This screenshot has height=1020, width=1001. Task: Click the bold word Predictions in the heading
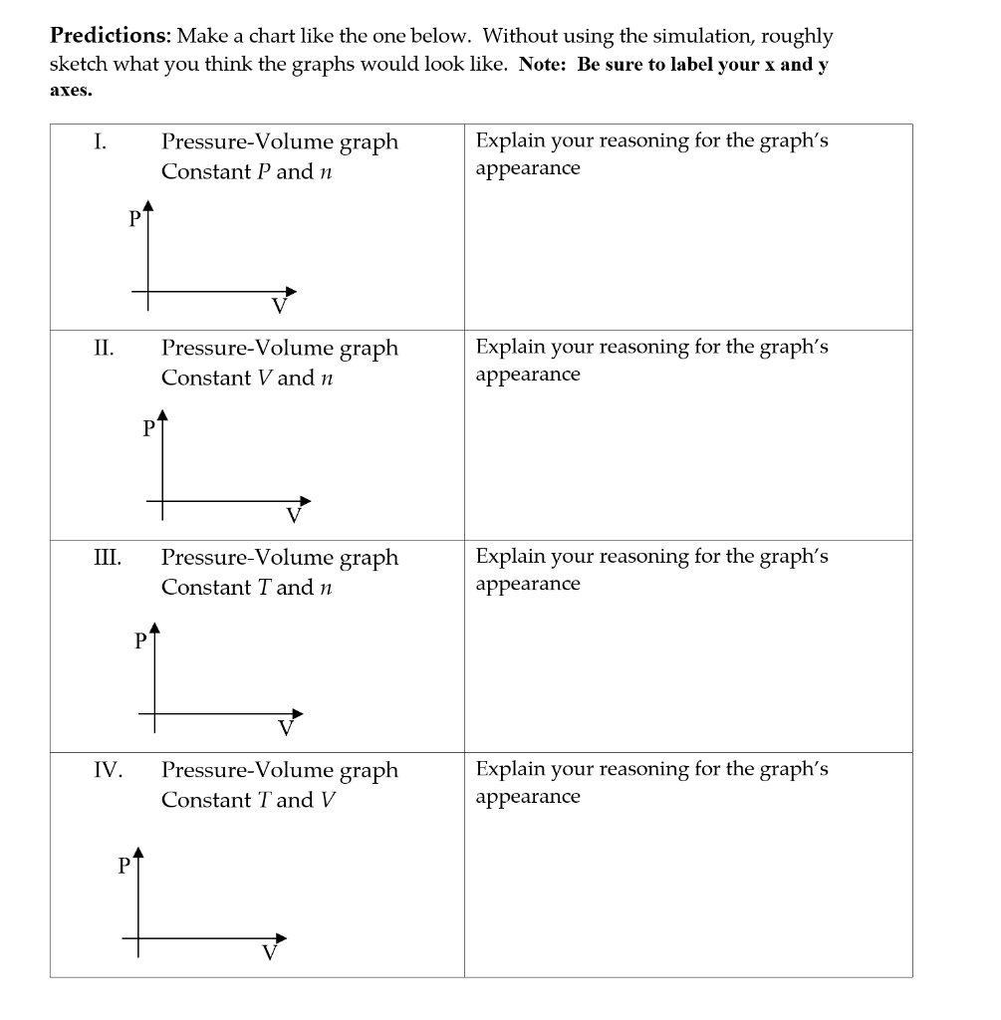coord(110,37)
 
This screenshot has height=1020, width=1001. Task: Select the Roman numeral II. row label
coord(104,348)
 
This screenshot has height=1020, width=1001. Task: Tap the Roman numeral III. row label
coord(107,557)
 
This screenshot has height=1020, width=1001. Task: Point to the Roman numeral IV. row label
coord(108,770)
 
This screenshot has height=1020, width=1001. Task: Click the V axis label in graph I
coord(280,306)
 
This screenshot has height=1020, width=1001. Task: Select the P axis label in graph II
coord(149,428)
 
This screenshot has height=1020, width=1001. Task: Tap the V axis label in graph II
coord(293,515)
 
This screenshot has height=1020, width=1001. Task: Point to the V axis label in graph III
coord(286,727)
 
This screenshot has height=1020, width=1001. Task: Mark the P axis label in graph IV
coord(125,865)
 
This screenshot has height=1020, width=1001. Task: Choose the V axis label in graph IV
coord(269,951)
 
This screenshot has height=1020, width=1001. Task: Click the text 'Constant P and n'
coord(246,171)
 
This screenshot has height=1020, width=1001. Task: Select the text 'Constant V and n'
coord(246,379)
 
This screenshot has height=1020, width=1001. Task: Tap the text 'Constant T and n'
coord(246,588)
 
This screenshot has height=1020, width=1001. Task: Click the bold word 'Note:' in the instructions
coord(545,65)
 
